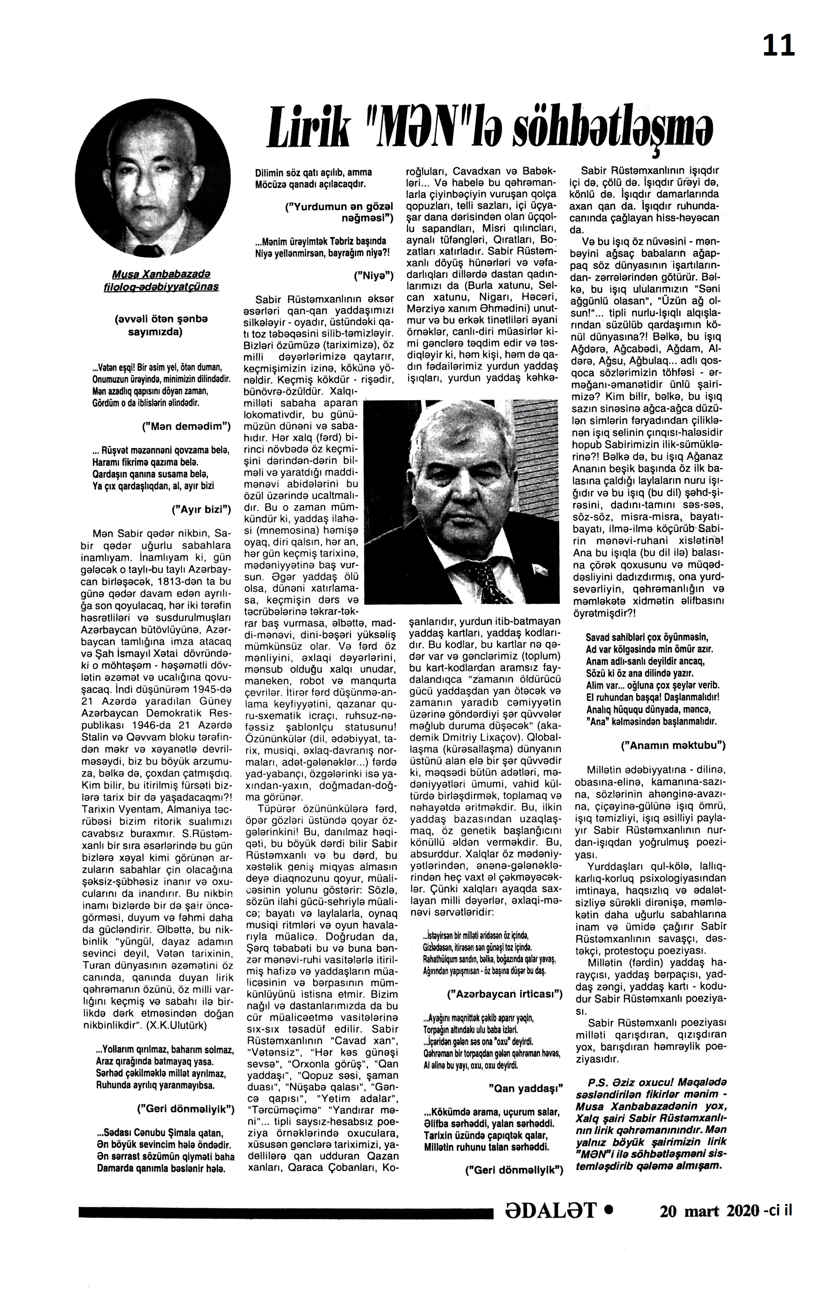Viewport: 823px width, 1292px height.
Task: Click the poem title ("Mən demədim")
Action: pos(187,427)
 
